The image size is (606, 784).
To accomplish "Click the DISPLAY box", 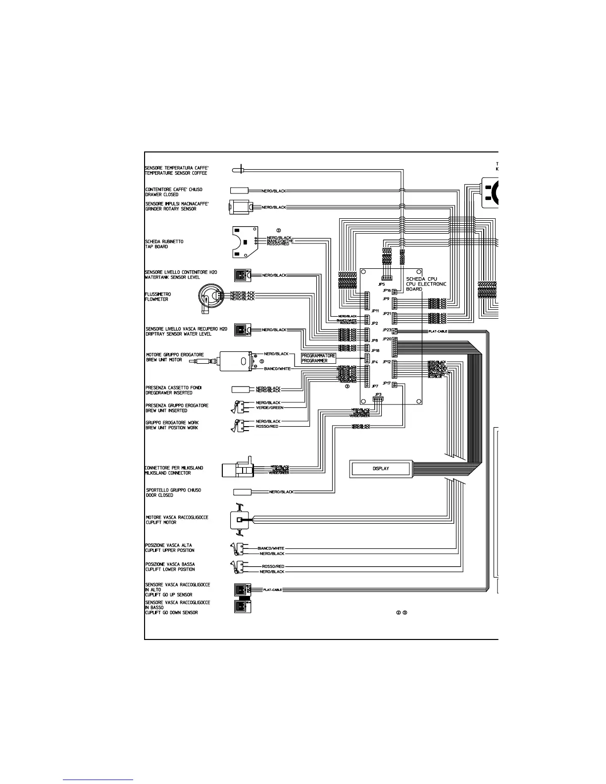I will pos(381,468).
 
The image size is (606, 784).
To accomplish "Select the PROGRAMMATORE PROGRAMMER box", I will pos(318,358).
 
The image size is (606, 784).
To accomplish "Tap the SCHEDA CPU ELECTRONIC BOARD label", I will pos(426,284).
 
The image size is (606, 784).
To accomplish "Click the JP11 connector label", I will pos(375,311).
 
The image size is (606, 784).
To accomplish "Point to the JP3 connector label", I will pos(379,394).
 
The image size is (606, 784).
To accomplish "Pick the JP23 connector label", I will pos(387,330).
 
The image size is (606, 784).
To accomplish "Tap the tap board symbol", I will pos(245,242).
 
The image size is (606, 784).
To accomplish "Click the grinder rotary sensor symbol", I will pos(241,207).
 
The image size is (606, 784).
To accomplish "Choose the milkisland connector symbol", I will pos(238,469).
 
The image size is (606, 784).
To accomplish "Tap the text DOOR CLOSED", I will pos(159,495).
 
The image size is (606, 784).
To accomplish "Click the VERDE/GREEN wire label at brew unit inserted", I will pos(269,408).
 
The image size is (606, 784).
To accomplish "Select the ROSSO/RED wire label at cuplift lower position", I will pos(273,566).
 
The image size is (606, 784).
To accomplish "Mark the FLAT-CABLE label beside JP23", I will pos(438,331).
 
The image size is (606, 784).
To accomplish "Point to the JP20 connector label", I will pos(387,339).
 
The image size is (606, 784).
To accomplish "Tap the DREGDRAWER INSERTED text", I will pos(169,392).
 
